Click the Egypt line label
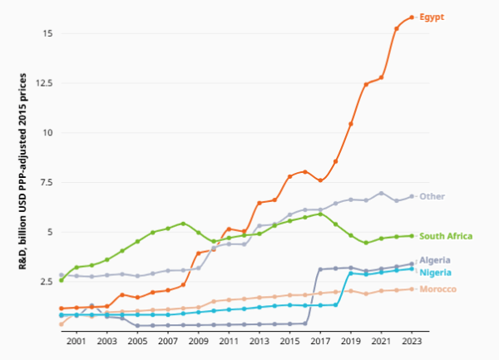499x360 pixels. [x=432, y=17]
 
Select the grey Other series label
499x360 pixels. [x=432, y=196]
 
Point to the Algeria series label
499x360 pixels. [x=435, y=260]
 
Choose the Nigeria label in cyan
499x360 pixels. [x=435, y=272]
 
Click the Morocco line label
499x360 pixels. [x=437, y=289]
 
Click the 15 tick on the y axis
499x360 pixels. [x=49, y=34]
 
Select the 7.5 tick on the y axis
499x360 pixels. [x=47, y=182]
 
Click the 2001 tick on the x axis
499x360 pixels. [x=77, y=341]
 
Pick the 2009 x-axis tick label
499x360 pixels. [x=198, y=341]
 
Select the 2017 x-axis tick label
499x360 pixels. [x=320, y=341]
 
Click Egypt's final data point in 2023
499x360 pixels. [x=412, y=17]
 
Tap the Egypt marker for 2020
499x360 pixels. [x=366, y=84]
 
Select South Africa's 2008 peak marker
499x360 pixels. [x=183, y=223]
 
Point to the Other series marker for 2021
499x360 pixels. [x=381, y=193]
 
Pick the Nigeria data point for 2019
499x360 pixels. [x=351, y=273]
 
